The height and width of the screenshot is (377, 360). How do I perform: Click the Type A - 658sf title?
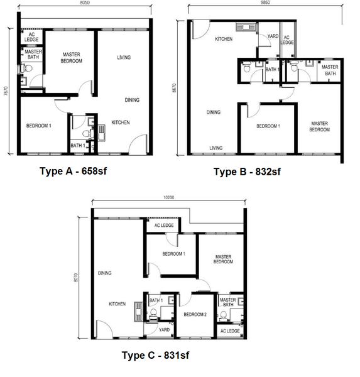73,171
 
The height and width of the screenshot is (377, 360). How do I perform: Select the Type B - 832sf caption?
247,172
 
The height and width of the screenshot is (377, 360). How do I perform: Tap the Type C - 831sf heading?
155,355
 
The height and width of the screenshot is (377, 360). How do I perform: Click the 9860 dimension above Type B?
265,3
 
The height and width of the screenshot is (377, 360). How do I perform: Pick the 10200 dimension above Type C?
168,198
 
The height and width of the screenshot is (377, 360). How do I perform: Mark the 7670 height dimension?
6,91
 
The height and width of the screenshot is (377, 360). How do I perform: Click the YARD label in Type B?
273,36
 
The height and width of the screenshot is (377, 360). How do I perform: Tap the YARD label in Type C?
164,330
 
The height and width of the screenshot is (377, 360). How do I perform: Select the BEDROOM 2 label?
195,315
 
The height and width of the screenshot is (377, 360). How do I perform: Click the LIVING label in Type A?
124,57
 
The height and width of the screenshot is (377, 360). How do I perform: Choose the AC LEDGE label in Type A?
31,37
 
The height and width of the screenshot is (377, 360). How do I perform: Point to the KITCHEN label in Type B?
224,39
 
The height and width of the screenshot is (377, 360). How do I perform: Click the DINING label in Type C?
105,273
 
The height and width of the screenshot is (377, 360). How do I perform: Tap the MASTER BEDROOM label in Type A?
72,58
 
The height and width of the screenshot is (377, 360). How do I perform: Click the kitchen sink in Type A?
102,133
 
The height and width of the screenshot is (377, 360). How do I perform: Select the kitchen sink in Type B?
246,27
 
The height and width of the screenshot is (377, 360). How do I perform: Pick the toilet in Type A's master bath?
27,68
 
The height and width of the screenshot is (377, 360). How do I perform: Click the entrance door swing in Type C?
105,328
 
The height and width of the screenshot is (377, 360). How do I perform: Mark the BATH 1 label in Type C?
156,300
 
